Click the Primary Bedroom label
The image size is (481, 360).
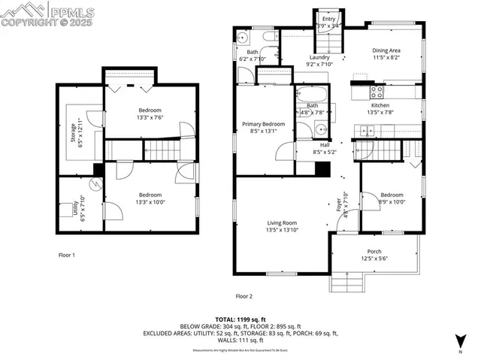tap(263, 123)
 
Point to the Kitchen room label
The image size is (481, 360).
tap(380, 106)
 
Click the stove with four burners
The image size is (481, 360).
tap(377, 92)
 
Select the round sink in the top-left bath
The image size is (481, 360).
tap(243, 37)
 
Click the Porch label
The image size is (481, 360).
tap(374, 252)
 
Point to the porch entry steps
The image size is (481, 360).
tap(346, 283)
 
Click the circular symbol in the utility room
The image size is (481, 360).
tap(96, 183)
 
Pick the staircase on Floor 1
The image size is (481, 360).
tap(161, 150)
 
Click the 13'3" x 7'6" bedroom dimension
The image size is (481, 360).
tap(149, 117)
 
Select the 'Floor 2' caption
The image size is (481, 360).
tap(244, 296)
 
